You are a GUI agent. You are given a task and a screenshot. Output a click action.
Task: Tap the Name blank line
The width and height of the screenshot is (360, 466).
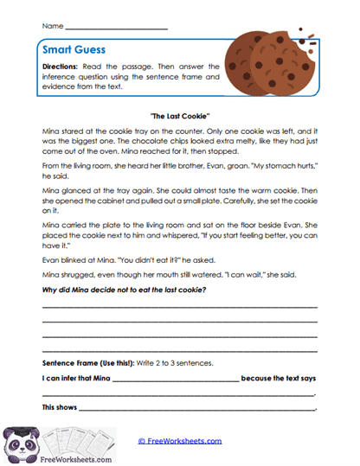[x=116, y=29]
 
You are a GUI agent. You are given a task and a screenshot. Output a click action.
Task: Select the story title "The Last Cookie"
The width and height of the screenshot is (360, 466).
[x=179, y=114]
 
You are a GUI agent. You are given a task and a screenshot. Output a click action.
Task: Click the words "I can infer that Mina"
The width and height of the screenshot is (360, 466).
[x=75, y=379]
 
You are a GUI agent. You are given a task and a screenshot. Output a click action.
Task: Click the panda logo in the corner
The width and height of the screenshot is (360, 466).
[x=19, y=442]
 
